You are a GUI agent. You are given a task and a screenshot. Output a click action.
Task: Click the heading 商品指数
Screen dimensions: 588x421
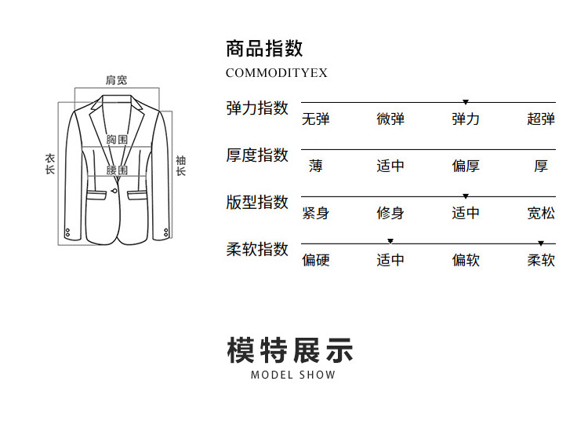click(264, 49)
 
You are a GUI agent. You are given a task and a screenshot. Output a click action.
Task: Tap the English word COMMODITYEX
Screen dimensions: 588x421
click(276, 73)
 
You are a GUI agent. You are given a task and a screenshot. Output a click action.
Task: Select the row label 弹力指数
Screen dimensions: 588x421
click(257, 108)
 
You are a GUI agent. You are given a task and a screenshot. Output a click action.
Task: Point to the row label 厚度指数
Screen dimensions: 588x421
click(257, 156)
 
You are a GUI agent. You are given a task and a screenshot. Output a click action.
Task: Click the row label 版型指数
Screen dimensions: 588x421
click(257, 203)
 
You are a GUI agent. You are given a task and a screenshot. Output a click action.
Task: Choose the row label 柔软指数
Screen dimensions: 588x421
click(257, 250)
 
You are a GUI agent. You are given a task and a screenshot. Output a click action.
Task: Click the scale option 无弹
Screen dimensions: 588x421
click(316, 119)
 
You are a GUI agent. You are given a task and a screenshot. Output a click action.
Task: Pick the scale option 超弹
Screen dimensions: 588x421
click(541, 119)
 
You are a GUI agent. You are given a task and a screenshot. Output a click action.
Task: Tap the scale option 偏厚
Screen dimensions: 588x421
click(466, 167)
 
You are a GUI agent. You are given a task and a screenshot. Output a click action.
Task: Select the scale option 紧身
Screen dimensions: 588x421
click(316, 214)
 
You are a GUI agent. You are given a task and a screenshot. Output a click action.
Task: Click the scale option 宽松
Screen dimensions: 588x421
click(541, 214)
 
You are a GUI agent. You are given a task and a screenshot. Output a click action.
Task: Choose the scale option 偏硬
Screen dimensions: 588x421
click(316, 261)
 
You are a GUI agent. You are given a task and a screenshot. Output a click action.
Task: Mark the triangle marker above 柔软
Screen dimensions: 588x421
click(541, 243)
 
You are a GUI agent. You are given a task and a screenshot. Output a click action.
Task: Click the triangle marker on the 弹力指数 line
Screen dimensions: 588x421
click(466, 103)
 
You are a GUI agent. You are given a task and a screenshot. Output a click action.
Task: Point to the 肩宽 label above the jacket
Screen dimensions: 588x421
click(117, 80)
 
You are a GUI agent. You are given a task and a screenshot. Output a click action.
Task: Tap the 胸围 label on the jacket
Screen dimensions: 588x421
click(117, 140)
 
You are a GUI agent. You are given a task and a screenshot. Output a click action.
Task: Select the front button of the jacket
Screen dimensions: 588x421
click(114, 189)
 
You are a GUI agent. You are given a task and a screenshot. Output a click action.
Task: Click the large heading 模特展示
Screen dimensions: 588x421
click(291, 350)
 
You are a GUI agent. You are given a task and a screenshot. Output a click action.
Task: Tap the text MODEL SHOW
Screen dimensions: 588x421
click(293, 375)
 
